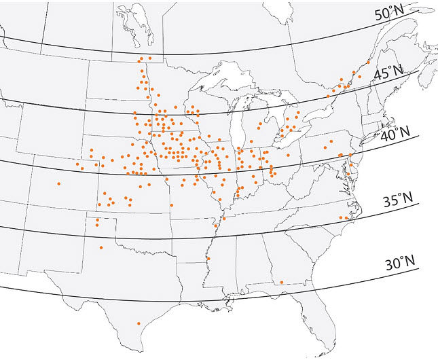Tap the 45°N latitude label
point(388,72)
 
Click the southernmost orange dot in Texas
point(138,324)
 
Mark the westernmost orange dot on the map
point(59,183)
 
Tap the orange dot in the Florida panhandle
point(281,282)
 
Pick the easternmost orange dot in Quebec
point(368,61)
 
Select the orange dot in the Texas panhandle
point(101,247)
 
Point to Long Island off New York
point(370,137)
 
